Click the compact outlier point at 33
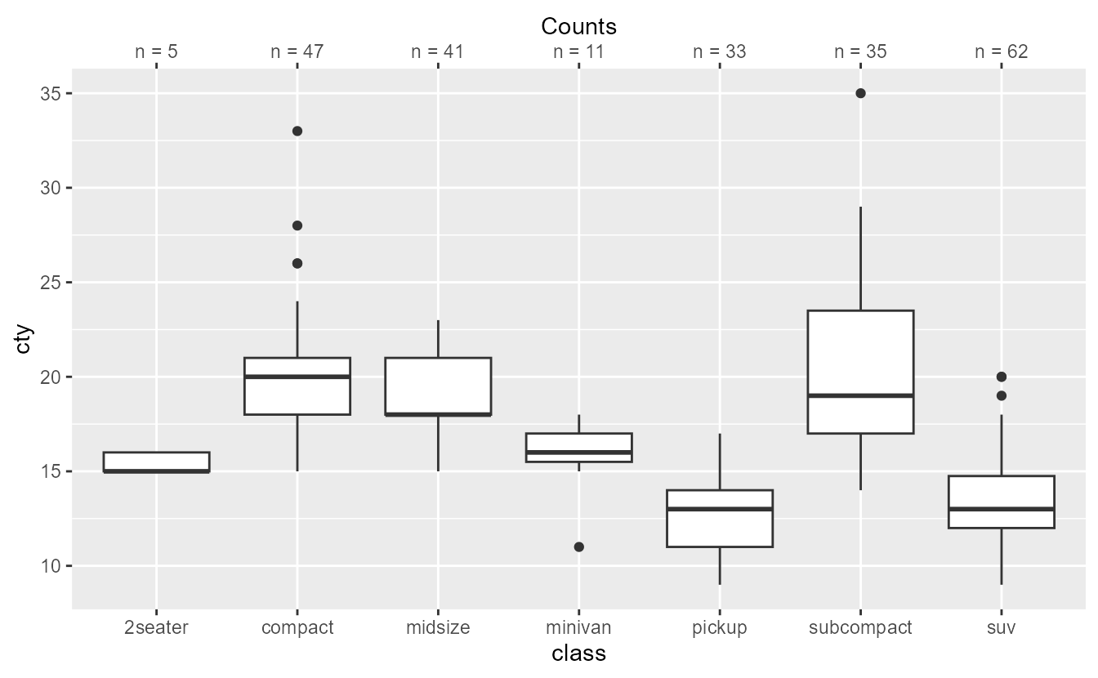point(297,131)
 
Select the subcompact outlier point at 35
point(860,93)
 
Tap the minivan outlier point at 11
point(578,546)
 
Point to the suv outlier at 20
point(1001,377)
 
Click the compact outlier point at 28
point(297,225)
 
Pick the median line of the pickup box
point(720,509)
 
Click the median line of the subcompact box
point(860,395)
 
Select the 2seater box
point(157,462)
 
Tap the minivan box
point(578,448)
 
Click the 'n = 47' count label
point(297,52)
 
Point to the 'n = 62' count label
point(1001,52)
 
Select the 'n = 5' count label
point(157,52)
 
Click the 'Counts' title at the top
point(578,26)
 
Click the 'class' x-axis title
point(578,653)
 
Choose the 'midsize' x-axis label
point(438,628)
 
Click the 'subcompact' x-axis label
point(860,628)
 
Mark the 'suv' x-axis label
point(1001,628)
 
